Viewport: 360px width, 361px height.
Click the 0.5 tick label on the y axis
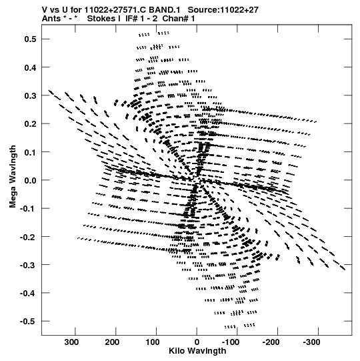click(x=31, y=39)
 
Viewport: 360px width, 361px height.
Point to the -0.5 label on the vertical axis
click(x=28, y=321)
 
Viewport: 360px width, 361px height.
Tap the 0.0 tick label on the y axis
click(x=31, y=180)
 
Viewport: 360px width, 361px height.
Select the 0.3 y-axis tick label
click(x=31, y=95)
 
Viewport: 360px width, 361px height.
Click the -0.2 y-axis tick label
click(x=28, y=237)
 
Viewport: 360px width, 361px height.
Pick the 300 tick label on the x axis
click(x=71, y=342)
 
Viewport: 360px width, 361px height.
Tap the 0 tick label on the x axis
click(x=197, y=342)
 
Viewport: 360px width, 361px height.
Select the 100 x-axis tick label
click(x=153, y=342)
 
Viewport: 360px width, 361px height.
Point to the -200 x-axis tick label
click(x=271, y=342)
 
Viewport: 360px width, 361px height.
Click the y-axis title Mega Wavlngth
click(x=13, y=177)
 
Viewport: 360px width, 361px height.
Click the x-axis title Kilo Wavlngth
click(x=197, y=351)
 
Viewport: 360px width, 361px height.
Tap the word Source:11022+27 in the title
click(x=223, y=10)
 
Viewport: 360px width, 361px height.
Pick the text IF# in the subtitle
click(x=131, y=19)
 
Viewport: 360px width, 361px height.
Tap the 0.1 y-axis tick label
click(x=31, y=152)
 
